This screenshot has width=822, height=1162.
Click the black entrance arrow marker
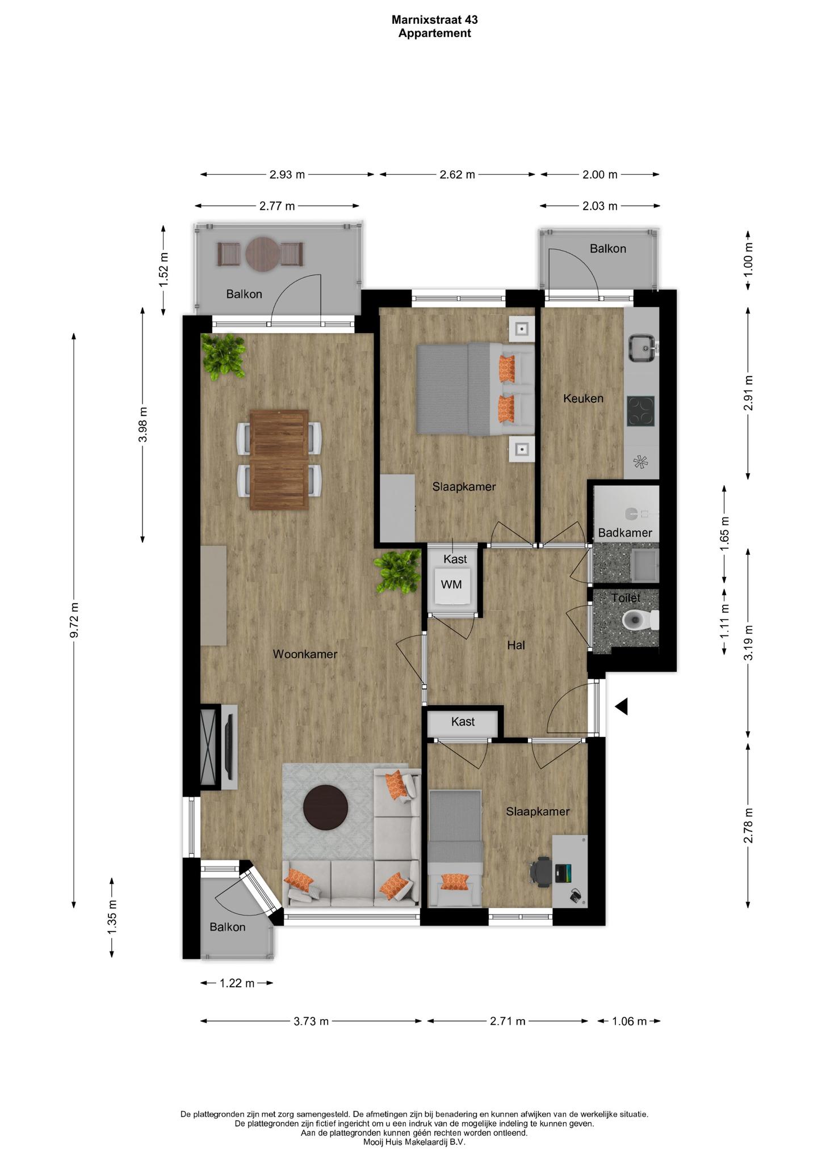(622, 706)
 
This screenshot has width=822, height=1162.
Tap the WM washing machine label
(451, 584)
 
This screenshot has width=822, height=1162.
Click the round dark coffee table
(326, 807)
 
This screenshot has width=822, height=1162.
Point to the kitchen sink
(642, 347)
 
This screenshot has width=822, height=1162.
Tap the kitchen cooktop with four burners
(641, 411)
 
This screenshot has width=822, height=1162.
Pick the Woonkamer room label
(305, 654)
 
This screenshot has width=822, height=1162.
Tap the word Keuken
(583, 398)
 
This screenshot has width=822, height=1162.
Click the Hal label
(516, 645)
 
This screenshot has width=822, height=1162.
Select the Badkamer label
(625, 533)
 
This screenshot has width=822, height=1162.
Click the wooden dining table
(279, 460)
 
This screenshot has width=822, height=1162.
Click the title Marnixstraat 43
(435, 19)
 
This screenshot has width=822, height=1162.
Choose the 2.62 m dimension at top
(457, 174)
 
